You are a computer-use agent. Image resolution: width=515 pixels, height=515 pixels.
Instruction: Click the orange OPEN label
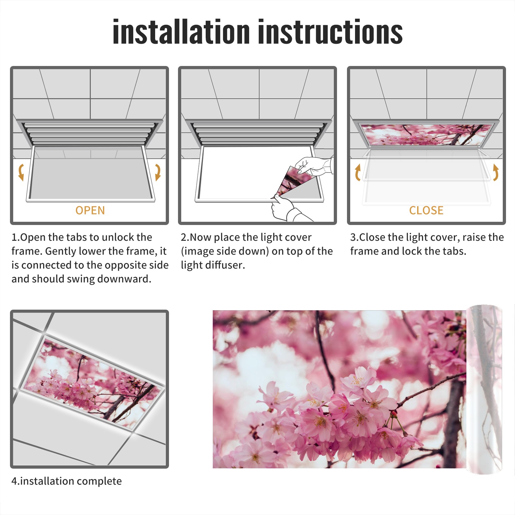coord(90,211)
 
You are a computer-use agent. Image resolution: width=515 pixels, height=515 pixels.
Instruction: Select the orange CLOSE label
coord(426,211)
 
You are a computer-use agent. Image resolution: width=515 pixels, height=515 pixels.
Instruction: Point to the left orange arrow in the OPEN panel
coord(21,172)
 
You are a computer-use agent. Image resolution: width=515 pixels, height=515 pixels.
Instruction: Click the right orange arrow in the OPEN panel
coord(158,172)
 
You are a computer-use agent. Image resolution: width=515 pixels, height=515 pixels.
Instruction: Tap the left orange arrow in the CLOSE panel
coord(358,172)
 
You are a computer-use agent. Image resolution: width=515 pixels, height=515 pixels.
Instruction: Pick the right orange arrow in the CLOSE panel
coord(496,172)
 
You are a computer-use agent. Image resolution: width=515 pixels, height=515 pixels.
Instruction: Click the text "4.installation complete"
coord(67,481)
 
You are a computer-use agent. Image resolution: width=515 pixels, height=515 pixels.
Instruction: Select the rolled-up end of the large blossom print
coord(484,389)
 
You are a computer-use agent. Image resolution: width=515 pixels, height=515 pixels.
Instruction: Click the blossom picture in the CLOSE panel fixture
coord(426,135)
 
